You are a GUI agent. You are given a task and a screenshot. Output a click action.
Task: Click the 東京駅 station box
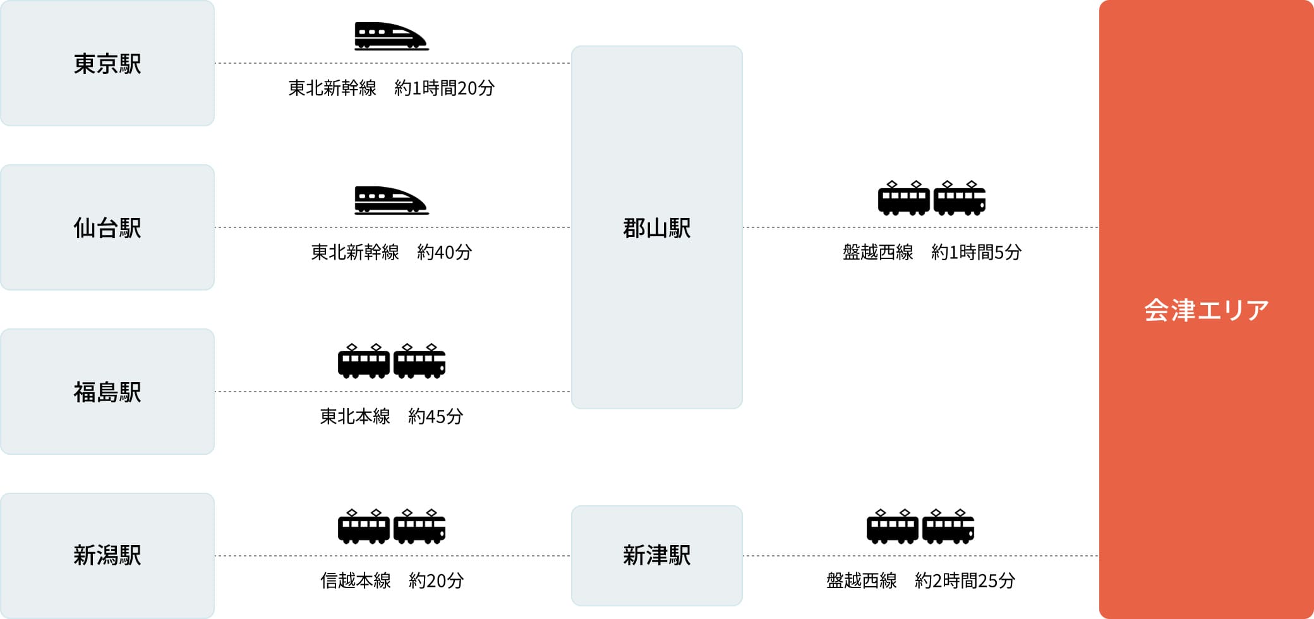click(107, 63)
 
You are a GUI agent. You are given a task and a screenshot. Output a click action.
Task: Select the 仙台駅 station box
click(107, 227)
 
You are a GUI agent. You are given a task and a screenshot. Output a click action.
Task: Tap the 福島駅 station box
click(107, 392)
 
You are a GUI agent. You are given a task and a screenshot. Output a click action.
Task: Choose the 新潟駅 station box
click(107, 556)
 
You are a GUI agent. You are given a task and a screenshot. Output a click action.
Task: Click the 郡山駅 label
click(656, 228)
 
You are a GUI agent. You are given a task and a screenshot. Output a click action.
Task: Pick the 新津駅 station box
click(656, 556)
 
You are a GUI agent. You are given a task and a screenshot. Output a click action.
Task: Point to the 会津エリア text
click(1206, 310)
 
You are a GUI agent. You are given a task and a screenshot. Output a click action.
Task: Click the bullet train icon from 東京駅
click(391, 36)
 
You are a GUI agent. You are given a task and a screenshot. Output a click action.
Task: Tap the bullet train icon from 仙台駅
click(391, 200)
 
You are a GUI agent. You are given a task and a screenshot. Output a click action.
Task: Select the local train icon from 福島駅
click(392, 361)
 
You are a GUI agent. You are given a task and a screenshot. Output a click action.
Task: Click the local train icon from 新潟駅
click(392, 526)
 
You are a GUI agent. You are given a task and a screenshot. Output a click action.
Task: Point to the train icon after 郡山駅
click(932, 198)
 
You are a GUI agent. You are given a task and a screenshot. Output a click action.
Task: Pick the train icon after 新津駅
click(920, 526)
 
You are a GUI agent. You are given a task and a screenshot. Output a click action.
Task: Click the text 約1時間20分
click(444, 88)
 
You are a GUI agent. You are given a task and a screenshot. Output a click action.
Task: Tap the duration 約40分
click(444, 253)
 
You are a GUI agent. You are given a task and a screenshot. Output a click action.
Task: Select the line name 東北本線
click(355, 417)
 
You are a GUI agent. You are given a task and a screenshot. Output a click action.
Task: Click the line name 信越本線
click(355, 581)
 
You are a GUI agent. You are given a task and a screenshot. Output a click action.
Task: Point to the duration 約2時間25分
click(965, 581)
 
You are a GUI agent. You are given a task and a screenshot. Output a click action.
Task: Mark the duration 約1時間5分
click(976, 253)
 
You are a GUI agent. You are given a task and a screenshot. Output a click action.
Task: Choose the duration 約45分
click(435, 417)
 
